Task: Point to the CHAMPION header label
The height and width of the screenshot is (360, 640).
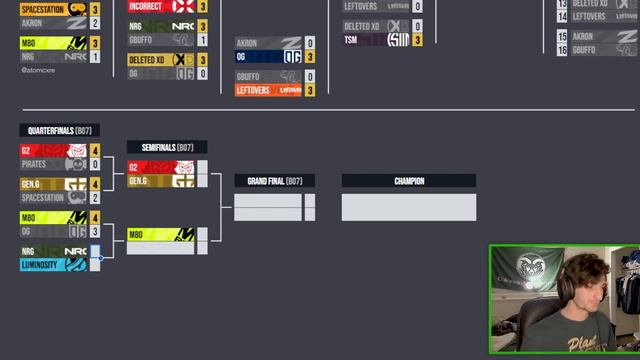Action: [x=408, y=181]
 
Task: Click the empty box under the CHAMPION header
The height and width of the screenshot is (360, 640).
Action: [x=408, y=207]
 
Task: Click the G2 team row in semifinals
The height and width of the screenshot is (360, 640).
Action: [x=160, y=167]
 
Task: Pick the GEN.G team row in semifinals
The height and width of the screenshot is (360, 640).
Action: [x=160, y=181]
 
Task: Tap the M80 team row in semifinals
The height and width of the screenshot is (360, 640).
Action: [x=160, y=234]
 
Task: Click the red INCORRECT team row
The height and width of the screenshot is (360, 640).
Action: [x=161, y=6]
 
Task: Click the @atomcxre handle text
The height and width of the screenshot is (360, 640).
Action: [x=38, y=71]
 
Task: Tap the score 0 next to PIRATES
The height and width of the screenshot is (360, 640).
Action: [x=96, y=164]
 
